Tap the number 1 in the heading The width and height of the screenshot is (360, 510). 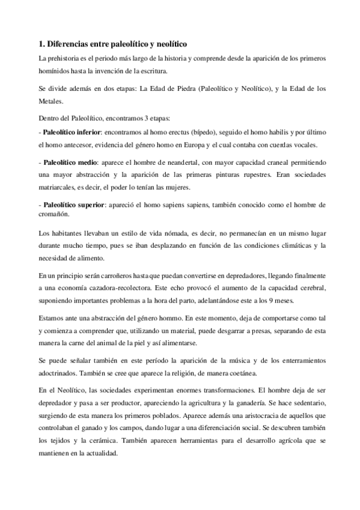[x=40, y=44]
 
